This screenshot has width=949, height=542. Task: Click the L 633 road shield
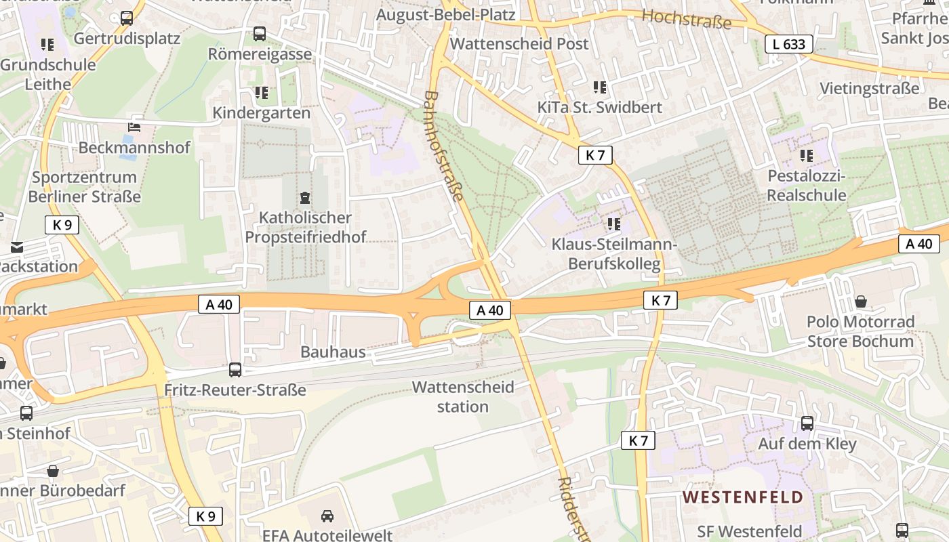(x=789, y=45)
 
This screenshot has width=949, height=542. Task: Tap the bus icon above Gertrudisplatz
(x=127, y=18)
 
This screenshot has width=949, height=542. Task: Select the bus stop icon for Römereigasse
(x=260, y=34)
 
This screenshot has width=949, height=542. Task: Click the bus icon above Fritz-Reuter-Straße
(x=235, y=370)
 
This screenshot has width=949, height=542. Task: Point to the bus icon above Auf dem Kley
(x=807, y=423)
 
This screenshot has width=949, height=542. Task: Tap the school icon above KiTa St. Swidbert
(x=600, y=87)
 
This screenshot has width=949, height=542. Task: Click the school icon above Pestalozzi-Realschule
(x=807, y=156)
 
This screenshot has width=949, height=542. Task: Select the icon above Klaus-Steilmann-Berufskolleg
(x=614, y=224)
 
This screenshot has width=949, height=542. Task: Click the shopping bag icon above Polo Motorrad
(x=861, y=301)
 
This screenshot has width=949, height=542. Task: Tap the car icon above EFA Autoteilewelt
(x=327, y=516)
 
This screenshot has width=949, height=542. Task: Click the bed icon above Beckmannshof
(x=134, y=127)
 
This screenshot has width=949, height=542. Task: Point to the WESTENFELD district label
(x=742, y=497)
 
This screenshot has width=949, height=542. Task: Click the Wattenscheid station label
(x=463, y=397)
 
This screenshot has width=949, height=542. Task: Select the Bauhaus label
(x=333, y=352)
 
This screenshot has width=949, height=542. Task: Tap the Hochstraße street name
(x=687, y=19)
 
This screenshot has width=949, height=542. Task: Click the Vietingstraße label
(x=870, y=88)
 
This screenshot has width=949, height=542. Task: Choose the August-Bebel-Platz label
(x=446, y=15)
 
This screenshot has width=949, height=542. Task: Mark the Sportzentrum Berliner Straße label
(x=85, y=187)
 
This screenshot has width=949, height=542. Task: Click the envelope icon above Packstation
(x=16, y=247)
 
